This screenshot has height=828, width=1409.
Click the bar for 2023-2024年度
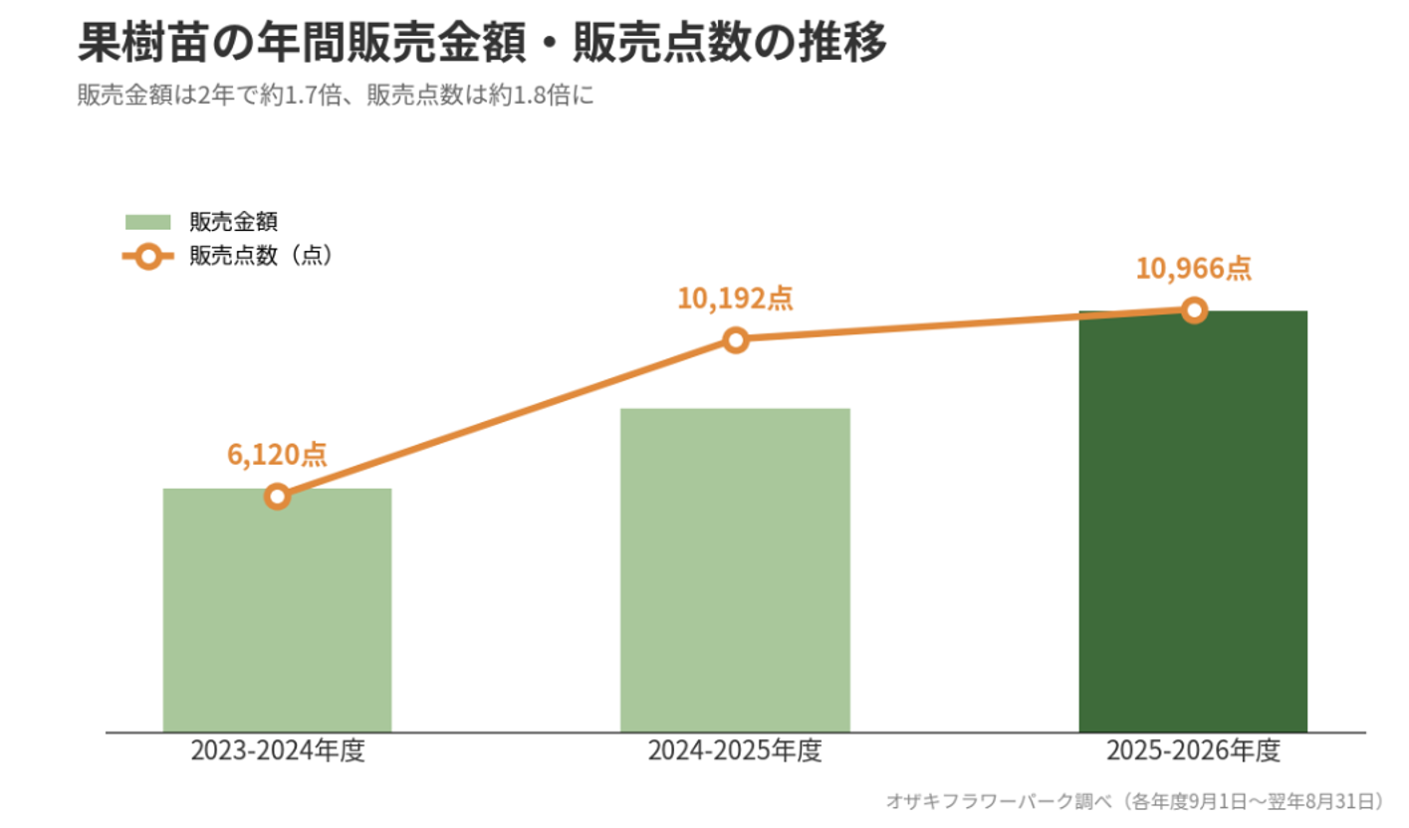(x=278, y=610)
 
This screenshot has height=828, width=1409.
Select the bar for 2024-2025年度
(x=735, y=570)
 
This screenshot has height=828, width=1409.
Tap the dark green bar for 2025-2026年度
(x=1193, y=521)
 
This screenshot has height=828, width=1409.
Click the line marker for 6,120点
(x=278, y=497)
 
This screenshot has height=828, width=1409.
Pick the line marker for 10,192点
(x=735, y=340)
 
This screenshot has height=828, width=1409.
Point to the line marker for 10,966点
(x=1194, y=310)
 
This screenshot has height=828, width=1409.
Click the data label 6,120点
(x=278, y=454)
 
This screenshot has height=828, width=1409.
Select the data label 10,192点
(x=735, y=298)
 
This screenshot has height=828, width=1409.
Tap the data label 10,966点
(x=1194, y=269)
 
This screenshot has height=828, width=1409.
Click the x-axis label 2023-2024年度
(x=278, y=750)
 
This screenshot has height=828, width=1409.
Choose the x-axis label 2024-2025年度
(x=735, y=750)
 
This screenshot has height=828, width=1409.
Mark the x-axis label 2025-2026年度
(x=1193, y=750)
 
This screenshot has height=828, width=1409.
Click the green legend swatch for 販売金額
(x=147, y=222)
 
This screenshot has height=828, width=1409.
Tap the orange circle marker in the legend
(x=148, y=257)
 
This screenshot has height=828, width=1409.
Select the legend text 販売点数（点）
(x=262, y=256)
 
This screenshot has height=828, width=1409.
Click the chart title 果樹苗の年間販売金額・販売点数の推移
(x=482, y=42)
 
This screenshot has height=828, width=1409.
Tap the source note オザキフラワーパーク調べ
(x=999, y=801)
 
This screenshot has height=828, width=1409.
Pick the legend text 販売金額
(x=233, y=222)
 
